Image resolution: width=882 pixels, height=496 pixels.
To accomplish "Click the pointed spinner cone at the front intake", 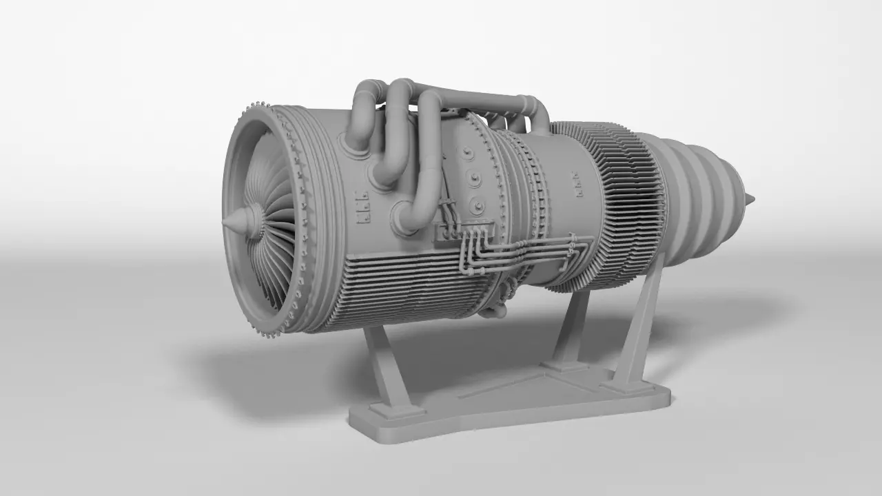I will point(233,222).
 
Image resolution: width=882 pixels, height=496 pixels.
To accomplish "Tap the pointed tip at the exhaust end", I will point(750,200).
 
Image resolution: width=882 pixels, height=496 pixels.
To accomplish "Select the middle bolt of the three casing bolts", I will point(474,179).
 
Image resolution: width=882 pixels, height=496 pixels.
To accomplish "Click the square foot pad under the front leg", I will point(397,411).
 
